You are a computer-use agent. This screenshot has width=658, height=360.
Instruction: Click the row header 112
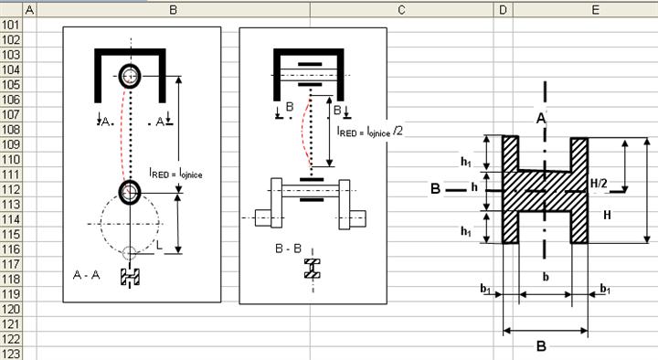click(11, 190)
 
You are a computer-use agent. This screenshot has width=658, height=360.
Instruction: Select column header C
click(401, 10)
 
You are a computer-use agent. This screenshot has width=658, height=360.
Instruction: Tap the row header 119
click(11, 294)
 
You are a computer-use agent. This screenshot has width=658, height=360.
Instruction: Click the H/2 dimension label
click(599, 184)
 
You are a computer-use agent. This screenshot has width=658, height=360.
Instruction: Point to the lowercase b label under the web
click(546, 277)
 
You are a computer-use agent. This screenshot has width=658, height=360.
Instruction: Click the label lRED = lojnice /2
click(370, 132)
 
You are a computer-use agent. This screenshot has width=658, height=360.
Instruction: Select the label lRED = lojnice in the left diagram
click(175, 173)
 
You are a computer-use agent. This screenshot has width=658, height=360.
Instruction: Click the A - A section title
click(86, 275)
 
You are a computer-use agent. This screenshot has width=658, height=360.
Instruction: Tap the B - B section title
click(288, 249)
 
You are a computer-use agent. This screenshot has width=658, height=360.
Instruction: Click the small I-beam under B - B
click(313, 269)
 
